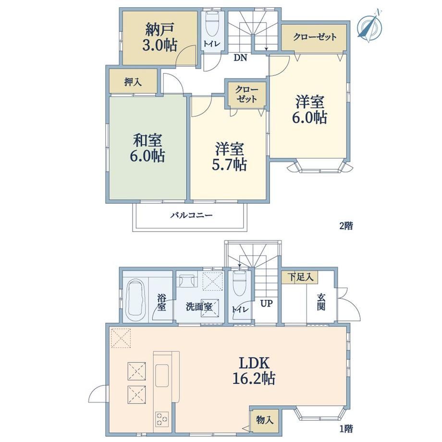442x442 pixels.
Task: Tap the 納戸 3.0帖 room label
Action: coord(160,37)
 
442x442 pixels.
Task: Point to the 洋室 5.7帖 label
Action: coord(230,157)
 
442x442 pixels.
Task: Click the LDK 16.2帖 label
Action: coord(254,370)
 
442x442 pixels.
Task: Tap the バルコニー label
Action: coord(191,216)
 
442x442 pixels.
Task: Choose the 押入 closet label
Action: coord(133,82)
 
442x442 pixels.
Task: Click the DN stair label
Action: coord(240,58)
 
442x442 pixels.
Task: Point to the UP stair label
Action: coord(266,304)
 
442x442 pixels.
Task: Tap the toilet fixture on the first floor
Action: coord(240,283)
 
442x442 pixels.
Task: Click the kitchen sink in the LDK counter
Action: coord(162,376)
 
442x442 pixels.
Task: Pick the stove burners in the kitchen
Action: coord(162,419)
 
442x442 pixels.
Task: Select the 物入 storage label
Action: coord(265,420)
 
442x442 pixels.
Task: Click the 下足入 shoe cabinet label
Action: coord(300,277)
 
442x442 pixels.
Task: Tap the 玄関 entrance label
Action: coord(321,302)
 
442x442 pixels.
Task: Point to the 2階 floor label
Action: coord(345,226)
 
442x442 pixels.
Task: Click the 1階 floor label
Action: coord(345,429)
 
